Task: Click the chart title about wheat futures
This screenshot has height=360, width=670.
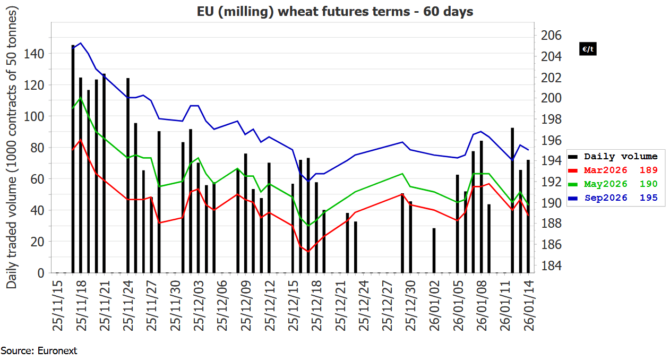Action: (335, 11)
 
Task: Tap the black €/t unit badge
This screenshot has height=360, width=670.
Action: (588, 49)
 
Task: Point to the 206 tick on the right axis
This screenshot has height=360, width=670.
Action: (551, 36)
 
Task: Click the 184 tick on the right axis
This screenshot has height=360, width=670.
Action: (551, 265)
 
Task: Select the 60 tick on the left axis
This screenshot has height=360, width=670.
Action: (38, 179)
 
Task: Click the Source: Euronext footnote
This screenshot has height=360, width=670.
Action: (39, 351)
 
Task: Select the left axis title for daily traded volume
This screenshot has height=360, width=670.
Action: (12, 149)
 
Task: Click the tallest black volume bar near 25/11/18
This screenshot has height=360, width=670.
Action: (73, 159)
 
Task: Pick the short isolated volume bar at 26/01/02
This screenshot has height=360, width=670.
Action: (434, 251)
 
